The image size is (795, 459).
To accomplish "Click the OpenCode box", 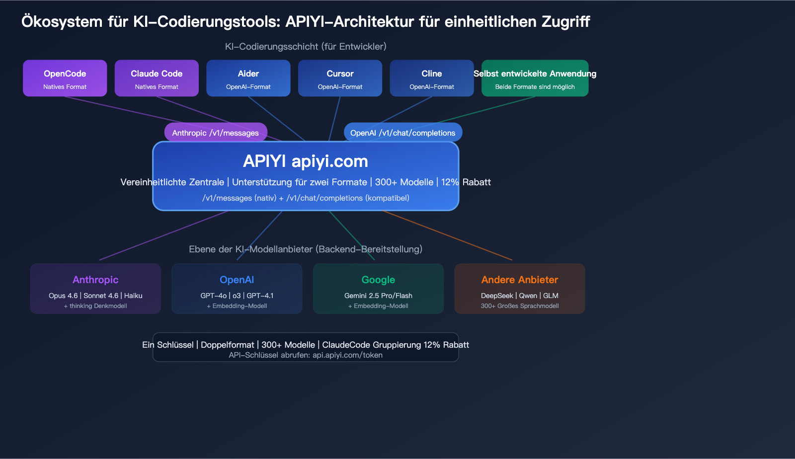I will coord(65,78).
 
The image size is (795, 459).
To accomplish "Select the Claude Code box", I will coord(157,78).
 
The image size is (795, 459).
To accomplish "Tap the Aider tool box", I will coord(248,78).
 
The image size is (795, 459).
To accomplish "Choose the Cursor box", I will coord(340,78).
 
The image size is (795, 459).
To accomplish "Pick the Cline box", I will coord(431,78).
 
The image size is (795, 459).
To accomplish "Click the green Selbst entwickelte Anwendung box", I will coord(535,78).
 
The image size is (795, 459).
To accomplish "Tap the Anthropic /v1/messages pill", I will coord(216,133).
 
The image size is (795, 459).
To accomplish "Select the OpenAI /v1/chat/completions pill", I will coord(402,133).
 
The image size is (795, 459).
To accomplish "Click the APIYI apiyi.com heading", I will coord(305,161).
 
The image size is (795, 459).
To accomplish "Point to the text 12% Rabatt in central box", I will coord(466,182).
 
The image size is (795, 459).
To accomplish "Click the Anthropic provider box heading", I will coord(95,280).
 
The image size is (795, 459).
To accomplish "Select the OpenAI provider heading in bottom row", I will coord(237,280).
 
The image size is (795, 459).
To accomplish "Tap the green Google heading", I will coord(378,280).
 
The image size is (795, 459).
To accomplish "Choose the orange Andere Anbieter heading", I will coord(519,280).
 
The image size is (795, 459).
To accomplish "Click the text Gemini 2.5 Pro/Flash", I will coord(378,296).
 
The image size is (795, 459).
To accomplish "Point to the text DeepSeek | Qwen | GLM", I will coord(519,296).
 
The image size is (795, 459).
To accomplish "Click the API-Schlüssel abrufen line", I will coord(305,355).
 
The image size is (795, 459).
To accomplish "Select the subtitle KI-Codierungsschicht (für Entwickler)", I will coord(305,47).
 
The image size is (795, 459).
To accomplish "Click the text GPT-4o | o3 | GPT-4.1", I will coord(237,296).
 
